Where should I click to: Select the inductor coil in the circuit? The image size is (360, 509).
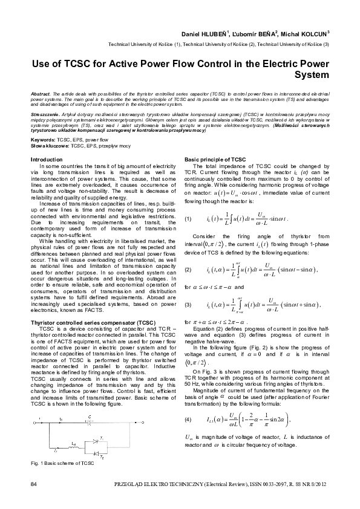(74, 447)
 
